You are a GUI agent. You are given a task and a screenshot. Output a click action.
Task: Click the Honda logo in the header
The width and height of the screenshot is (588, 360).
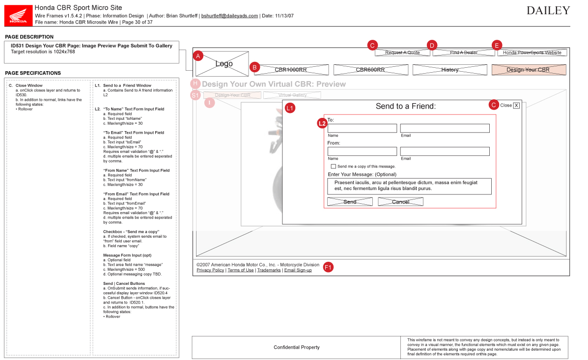pyautogui.click(x=19, y=15)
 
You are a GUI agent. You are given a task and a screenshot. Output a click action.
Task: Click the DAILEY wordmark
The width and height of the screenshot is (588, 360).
pyautogui.click(x=548, y=11)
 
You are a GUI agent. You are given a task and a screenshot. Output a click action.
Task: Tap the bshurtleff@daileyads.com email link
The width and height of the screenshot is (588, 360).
pyautogui.click(x=229, y=16)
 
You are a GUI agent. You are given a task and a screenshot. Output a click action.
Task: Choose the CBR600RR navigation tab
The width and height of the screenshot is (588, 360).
pyautogui.click(x=370, y=70)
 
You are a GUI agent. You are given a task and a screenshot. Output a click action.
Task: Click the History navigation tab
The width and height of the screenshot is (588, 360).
pyautogui.click(x=449, y=70)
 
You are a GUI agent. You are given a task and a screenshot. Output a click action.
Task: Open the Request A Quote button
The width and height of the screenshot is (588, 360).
pyautogui.click(x=402, y=53)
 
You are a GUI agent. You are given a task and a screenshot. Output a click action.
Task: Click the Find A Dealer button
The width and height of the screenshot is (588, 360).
pyautogui.click(x=463, y=53)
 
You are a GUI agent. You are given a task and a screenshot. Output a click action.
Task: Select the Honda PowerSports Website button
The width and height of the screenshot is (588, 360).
pyautogui.click(x=532, y=53)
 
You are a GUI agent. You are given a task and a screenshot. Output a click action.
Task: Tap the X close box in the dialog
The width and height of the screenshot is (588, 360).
pyautogui.click(x=516, y=105)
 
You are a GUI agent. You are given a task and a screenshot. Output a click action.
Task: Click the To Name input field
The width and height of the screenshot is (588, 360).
pyautogui.click(x=362, y=128)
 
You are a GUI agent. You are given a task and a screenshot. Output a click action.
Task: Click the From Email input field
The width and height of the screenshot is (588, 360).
pyautogui.click(x=445, y=151)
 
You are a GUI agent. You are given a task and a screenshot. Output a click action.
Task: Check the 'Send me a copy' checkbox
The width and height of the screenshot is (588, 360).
pyautogui.click(x=334, y=166)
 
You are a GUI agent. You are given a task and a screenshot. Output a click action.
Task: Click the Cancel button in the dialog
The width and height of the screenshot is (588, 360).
pyautogui.click(x=400, y=202)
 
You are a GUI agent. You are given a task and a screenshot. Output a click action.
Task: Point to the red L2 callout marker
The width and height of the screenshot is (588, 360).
pyautogui.click(x=322, y=123)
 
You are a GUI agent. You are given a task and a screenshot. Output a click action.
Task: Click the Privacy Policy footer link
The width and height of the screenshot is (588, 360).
pyautogui.click(x=210, y=270)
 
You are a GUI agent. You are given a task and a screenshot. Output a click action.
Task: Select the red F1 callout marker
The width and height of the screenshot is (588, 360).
pyautogui.click(x=329, y=267)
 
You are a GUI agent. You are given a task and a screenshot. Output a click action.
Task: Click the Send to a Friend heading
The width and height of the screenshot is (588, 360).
pyautogui.click(x=406, y=106)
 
